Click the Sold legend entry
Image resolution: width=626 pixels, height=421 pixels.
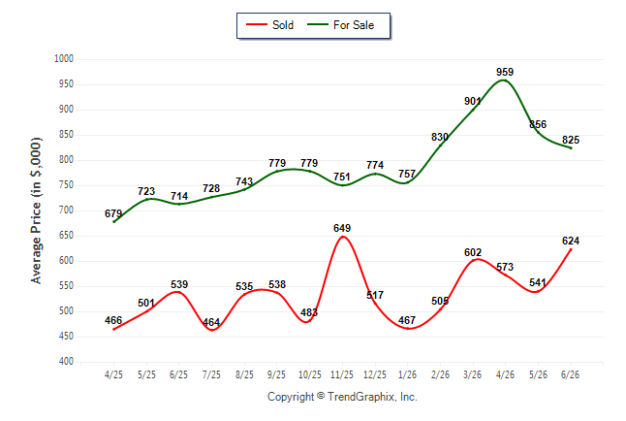pos(270,25)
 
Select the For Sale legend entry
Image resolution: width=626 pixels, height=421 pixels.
pos(340,25)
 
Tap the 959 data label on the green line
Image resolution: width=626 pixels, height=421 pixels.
pos(505,72)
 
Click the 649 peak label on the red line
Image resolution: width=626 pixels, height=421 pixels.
pos(342,228)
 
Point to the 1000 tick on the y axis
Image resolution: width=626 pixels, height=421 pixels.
pos(64,59)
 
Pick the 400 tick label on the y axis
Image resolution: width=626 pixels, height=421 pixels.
pos(66,362)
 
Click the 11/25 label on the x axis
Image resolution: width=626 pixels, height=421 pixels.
pos(342,374)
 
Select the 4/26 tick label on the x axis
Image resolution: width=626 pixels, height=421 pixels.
pos(505,374)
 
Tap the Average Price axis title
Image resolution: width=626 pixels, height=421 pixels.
pos(36,210)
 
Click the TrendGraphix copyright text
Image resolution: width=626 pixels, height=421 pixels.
pos(342,397)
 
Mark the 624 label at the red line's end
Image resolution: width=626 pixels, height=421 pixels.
pos(571,241)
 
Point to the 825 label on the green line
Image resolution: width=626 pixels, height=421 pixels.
pos(571,140)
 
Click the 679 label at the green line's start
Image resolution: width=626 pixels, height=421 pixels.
pos(113,213)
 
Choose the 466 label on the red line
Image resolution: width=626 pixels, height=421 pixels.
pos(113,320)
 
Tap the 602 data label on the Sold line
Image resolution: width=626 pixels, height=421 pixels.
pos(473,252)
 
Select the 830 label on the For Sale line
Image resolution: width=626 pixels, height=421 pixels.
pos(440,137)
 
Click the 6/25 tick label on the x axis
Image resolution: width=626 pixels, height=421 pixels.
pos(178,374)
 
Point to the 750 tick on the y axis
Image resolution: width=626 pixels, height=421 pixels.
pos(66,185)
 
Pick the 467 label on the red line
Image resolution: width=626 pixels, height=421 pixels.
pos(407,320)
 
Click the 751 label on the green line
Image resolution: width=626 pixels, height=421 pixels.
pos(342,177)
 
